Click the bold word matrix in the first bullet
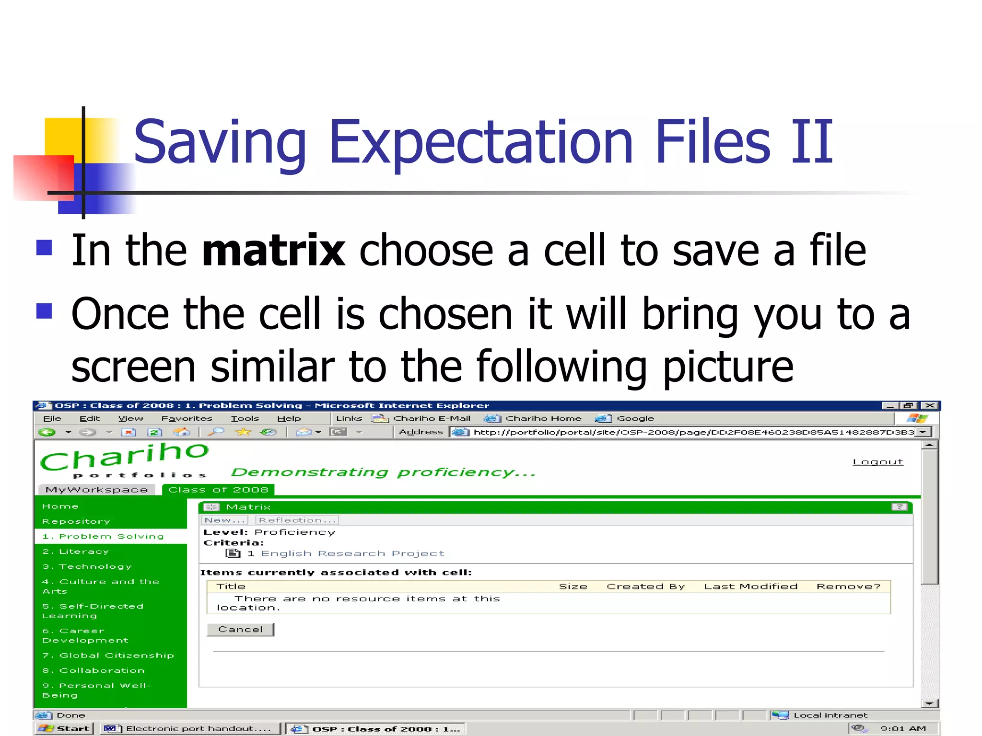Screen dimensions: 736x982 pos(273,250)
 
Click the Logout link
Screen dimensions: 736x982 pos(877,462)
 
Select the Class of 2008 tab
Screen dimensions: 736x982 pos(218,490)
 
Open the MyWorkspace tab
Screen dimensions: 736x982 pos(96,490)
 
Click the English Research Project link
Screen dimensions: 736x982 pos(352,553)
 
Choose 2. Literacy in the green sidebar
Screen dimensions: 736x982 pos(76,552)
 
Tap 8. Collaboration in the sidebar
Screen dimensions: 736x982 pos(94,670)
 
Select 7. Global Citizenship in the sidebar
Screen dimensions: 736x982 pos(108,655)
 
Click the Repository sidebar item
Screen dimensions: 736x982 pos(76,521)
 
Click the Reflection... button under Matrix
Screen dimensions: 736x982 pos(297,520)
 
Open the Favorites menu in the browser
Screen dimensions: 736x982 pos(187,418)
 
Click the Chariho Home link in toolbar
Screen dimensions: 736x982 pos(543,418)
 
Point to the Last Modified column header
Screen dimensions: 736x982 pos(750,586)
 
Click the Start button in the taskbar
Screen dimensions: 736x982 pos(65,729)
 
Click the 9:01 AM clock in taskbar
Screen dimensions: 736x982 pos(903,729)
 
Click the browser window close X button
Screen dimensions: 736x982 pos(930,405)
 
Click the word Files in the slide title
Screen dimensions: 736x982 pos(713,142)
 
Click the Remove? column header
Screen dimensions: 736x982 pos(848,586)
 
